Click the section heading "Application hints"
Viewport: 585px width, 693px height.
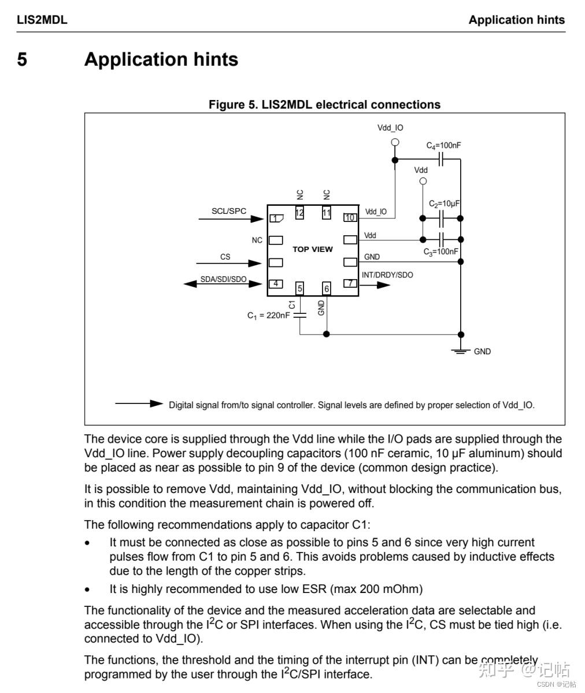pos(161,60)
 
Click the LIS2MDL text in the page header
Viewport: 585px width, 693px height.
pos(42,20)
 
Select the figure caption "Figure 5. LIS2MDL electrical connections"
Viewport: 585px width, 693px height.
pos(324,105)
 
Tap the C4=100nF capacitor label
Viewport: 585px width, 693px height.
pos(443,146)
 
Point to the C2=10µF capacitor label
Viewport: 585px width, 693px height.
pos(443,204)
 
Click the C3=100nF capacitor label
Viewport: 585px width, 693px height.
pos(440,252)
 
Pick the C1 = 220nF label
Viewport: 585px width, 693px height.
pos(269,316)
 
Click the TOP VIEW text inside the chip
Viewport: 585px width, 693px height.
pos(313,249)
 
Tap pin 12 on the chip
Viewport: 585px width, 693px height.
pos(299,212)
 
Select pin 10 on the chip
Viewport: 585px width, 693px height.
pos(350,217)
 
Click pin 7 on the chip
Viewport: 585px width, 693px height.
pos(350,283)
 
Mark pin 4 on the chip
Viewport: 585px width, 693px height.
pos(276,283)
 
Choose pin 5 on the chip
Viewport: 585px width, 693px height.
pos(299,288)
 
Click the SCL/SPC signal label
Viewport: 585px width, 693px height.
pos(229,211)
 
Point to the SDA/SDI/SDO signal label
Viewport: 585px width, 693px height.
pos(223,279)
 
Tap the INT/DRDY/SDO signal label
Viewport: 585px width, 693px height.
pos(387,275)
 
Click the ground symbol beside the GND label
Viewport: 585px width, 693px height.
pos(461,351)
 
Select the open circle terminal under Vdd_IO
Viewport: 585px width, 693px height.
pos(395,142)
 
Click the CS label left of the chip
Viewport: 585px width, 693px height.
pos(225,257)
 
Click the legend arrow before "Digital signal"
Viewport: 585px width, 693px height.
pos(139,403)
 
